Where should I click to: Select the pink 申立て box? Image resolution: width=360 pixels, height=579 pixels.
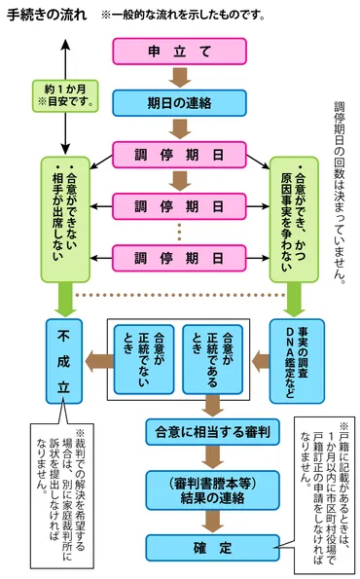coord(178,52)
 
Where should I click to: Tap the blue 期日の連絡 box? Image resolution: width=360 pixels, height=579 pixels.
coord(178,102)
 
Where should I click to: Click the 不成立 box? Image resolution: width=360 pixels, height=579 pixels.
coord(65,358)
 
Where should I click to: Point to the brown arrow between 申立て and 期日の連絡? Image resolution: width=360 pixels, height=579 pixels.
coord(178,77)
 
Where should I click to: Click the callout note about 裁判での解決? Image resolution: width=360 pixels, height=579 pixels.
coord(65,479)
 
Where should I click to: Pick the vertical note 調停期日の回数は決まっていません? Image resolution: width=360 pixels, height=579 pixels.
coord(340,190)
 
